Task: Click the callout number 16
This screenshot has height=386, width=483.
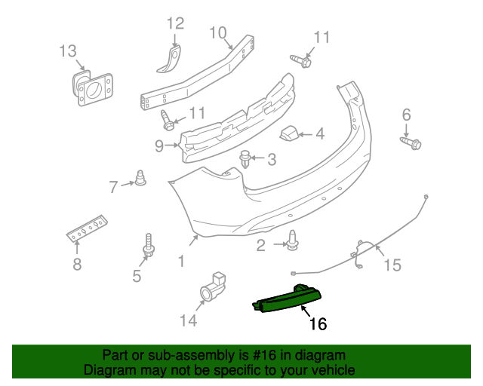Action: coord(318,324)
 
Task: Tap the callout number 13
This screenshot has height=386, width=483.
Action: coord(68,51)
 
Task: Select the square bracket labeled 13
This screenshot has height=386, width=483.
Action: coord(92,88)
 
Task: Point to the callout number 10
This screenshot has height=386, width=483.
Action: coord(217,32)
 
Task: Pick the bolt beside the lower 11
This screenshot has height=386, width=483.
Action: coord(168,119)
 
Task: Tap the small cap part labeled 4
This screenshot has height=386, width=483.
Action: coord(290,134)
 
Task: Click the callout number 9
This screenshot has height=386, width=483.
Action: coord(158,146)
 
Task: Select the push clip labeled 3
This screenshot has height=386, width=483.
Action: coord(245,159)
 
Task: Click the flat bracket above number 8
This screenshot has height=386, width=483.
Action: coord(87,227)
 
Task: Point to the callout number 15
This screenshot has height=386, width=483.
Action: coord(392,265)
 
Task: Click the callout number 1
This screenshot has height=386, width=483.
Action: coord(181,261)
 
